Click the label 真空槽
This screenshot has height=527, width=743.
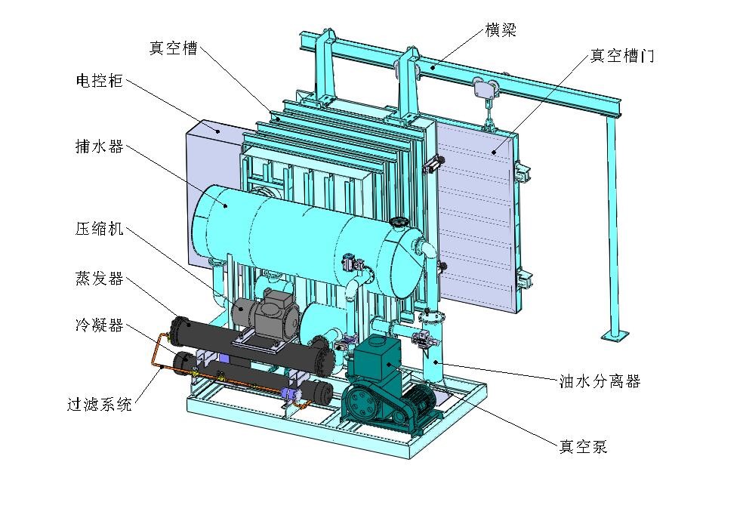click(x=174, y=48)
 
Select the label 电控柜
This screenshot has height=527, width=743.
click(x=100, y=81)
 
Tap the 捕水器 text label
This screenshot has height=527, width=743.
click(x=100, y=146)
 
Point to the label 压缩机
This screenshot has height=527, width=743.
click(x=100, y=229)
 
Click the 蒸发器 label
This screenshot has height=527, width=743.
click(x=100, y=278)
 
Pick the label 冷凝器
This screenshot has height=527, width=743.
click(x=100, y=325)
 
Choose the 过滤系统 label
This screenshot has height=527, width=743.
click(x=100, y=404)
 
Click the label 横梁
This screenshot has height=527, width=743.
click(x=501, y=30)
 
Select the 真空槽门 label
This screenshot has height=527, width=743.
click(x=622, y=56)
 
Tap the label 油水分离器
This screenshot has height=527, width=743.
click(x=600, y=381)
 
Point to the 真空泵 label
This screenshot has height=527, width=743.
click(x=584, y=446)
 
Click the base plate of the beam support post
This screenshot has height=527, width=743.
click(x=615, y=334)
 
